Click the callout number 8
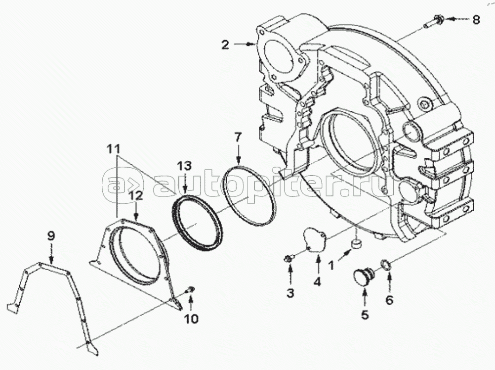(476, 20)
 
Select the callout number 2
(225, 45)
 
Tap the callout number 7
(238, 138)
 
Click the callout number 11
(113, 148)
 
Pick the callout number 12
(136, 196)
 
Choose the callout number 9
(51, 236)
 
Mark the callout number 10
(191, 319)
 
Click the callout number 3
(290, 293)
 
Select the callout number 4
(317, 281)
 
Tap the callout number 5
(365, 315)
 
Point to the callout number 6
(390, 300)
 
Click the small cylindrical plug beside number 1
(357, 243)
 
